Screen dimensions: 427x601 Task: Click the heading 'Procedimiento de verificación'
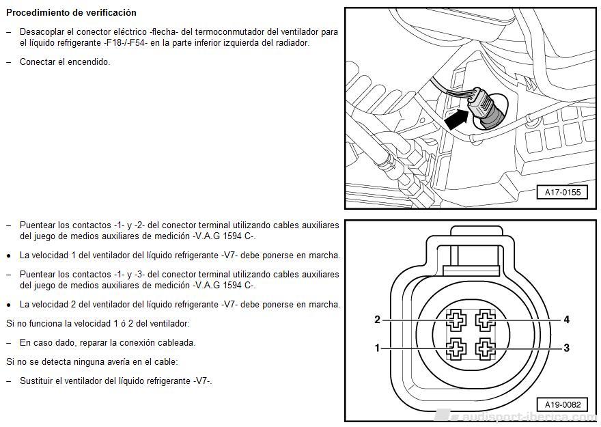click(x=71, y=13)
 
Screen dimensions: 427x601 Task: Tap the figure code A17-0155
click(x=562, y=192)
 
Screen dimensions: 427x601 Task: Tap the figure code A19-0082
click(x=562, y=404)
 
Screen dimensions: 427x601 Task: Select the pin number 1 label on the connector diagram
click(x=377, y=348)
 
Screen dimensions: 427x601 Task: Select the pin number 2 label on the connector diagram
click(x=377, y=319)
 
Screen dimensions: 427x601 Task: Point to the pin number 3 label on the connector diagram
click(x=566, y=348)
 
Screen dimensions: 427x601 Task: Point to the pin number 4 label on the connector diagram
click(x=566, y=319)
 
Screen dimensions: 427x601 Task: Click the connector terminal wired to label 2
click(x=455, y=319)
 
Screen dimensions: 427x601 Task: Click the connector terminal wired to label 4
click(x=486, y=319)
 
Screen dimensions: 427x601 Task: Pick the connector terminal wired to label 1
click(x=455, y=349)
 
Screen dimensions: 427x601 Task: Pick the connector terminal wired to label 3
click(x=486, y=349)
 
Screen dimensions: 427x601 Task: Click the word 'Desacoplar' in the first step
click(x=41, y=32)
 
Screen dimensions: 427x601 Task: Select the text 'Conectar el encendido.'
click(x=65, y=61)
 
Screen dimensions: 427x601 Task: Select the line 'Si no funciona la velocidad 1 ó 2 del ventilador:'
click(x=98, y=323)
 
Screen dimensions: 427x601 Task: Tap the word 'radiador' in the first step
click(x=292, y=42)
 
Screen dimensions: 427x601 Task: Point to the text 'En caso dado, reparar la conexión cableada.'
click(x=107, y=342)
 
